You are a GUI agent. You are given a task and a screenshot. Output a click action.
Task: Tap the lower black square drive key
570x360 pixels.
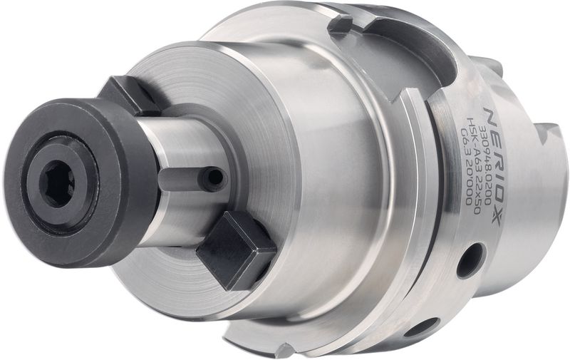coord(235,250)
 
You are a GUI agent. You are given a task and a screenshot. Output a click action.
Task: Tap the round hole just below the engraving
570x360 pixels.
coord(470,259)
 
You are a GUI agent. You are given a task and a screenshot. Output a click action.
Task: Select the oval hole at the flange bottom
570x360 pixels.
coord(421,327)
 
